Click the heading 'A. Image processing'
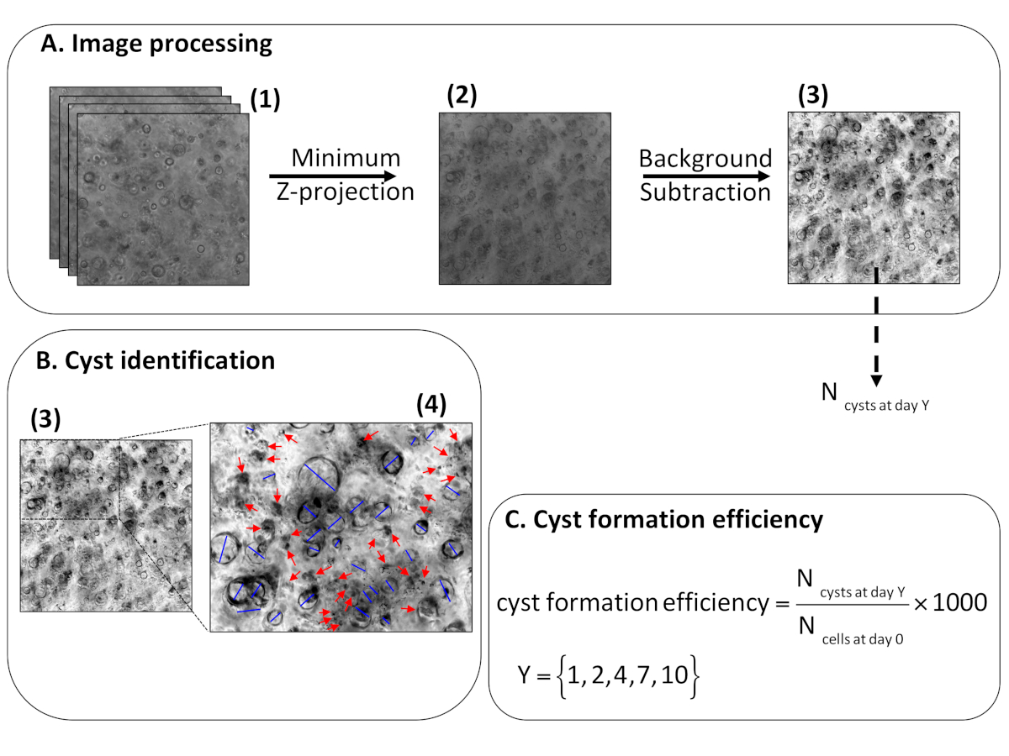pyautogui.click(x=156, y=44)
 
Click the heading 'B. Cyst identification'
pyautogui.click(x=156, y=360)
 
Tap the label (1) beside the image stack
pyautogui.click(x=264, y=100)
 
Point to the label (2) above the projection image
pyautogui.click(x=462, y=95)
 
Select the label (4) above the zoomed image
pyautogui.click(x=434, y=406)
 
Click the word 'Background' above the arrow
pyautogui.click(x=705, y=159)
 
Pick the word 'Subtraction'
pyautogui.click(x=705, y=192)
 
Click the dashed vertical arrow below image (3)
pyautogui.click(x=876, y=328)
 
